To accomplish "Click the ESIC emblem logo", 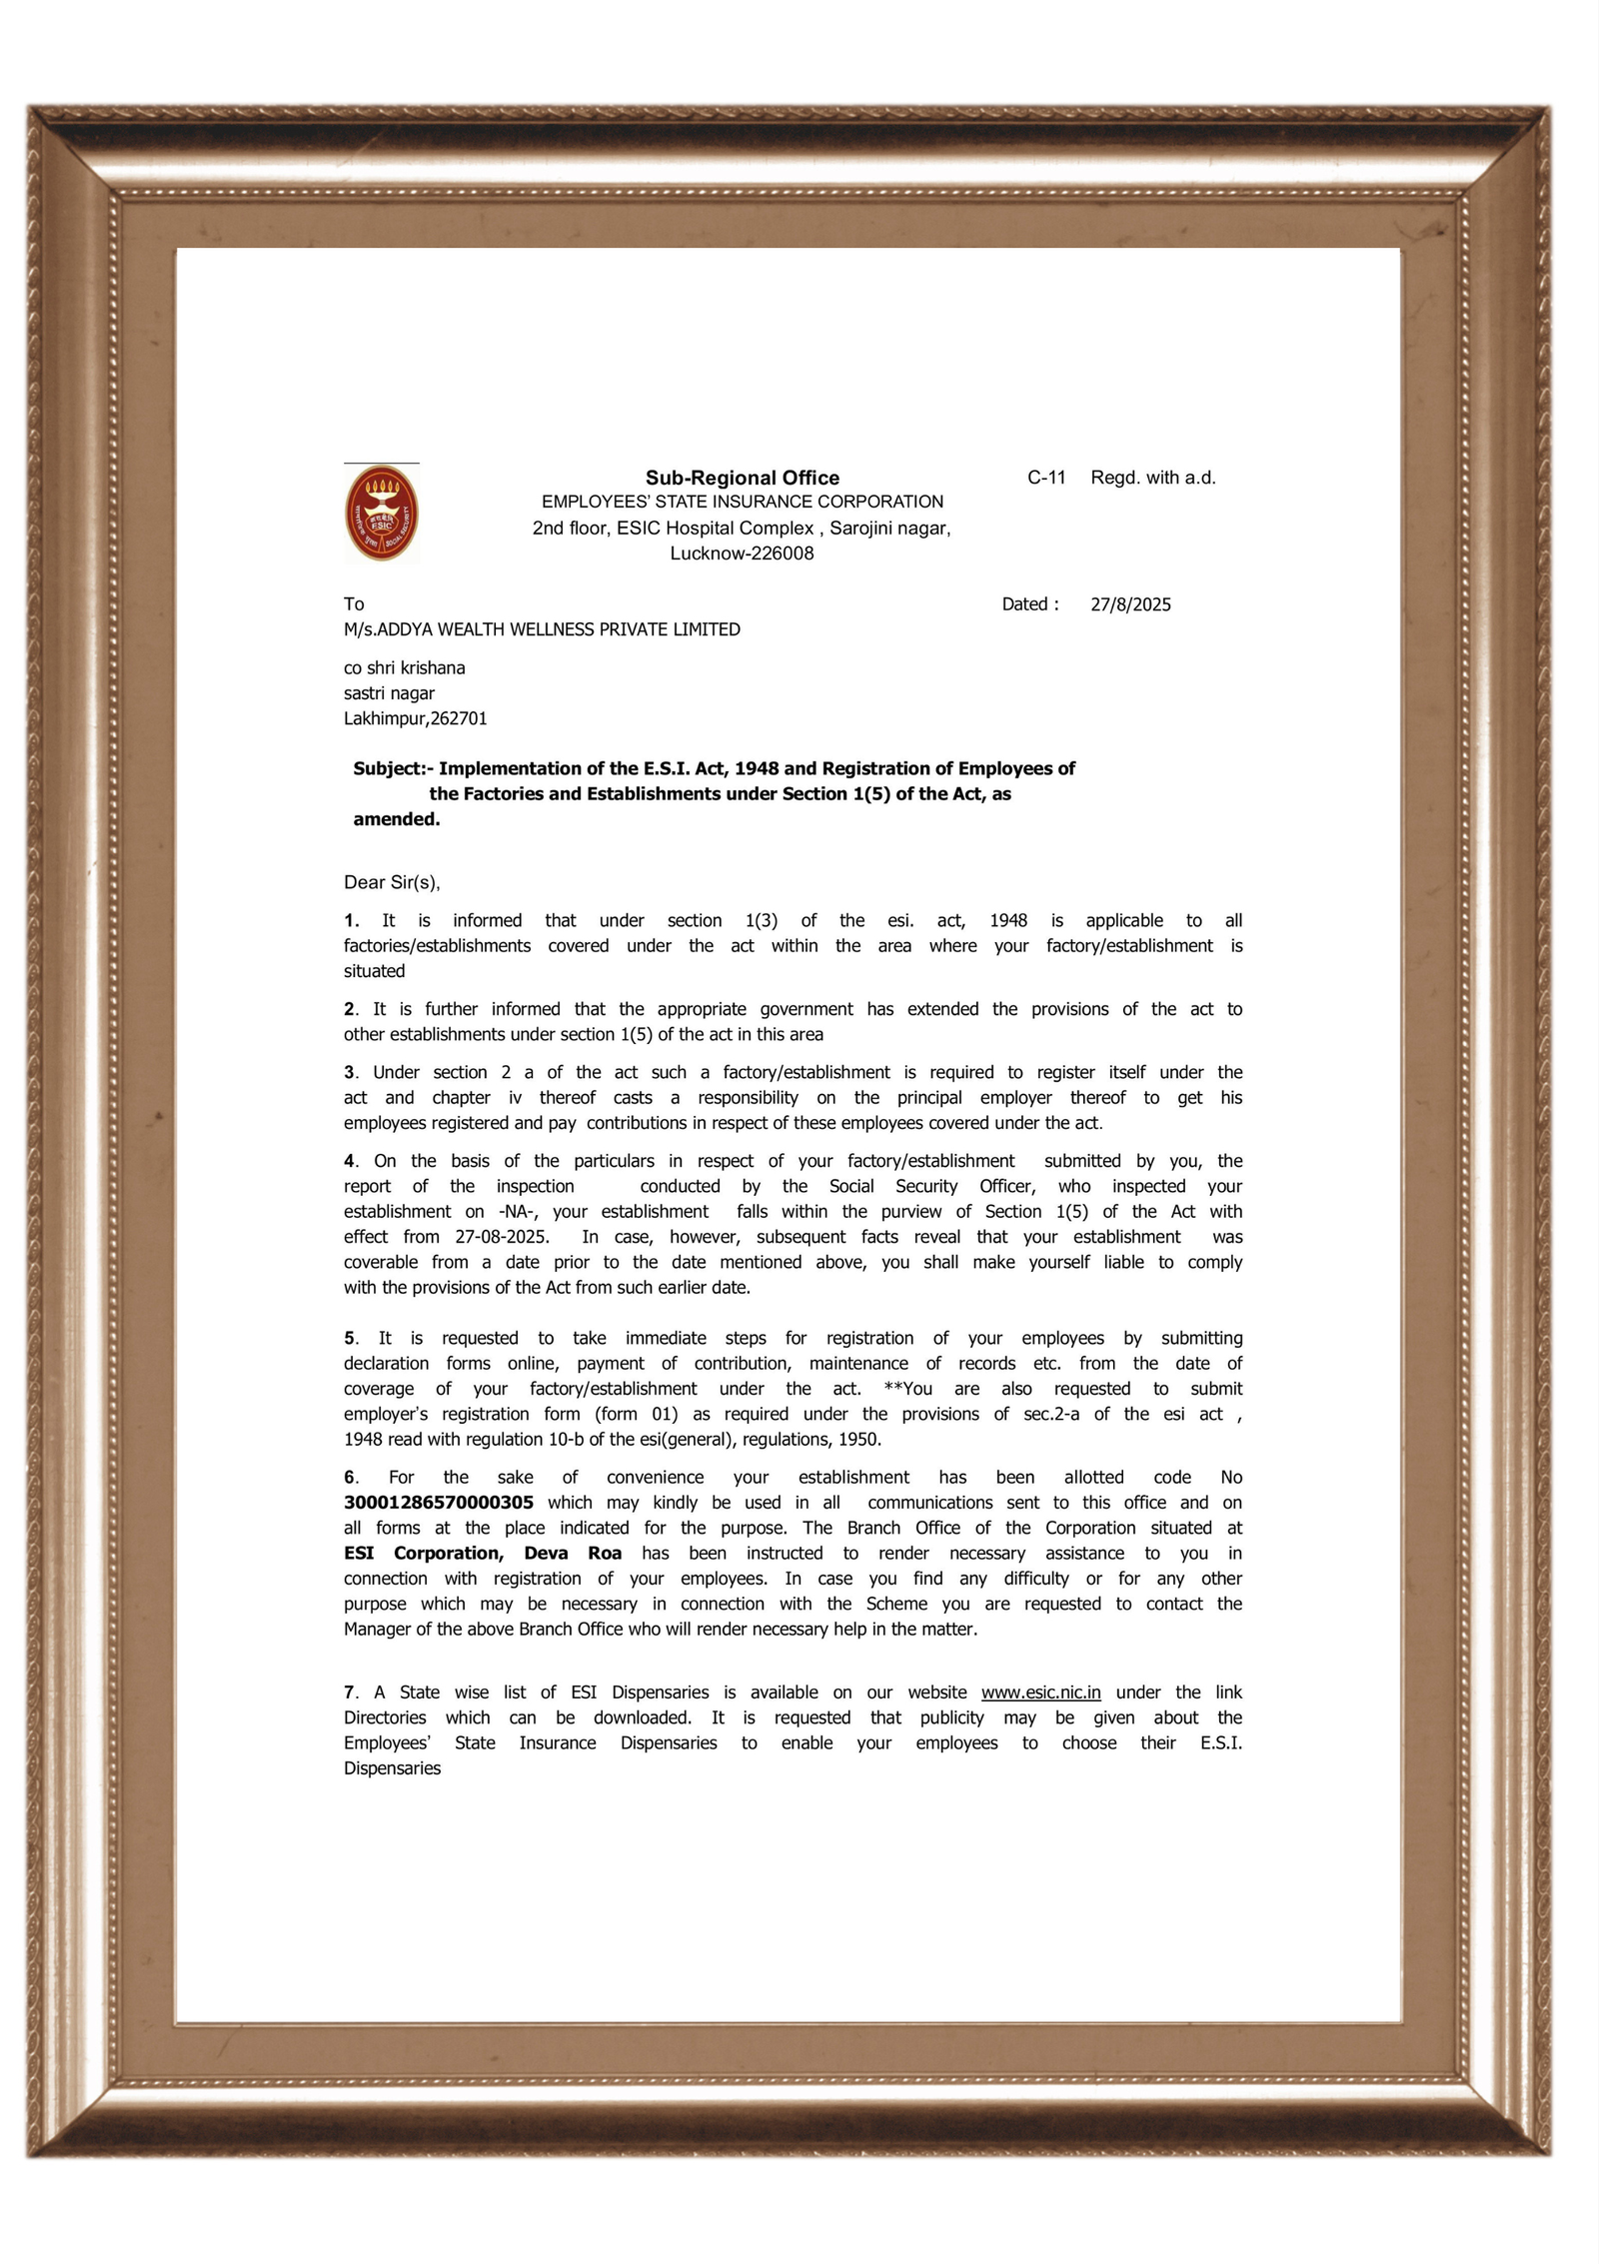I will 382,514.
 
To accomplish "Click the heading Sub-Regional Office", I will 742,478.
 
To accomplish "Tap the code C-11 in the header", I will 1046,478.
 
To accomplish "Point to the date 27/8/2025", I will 1130,604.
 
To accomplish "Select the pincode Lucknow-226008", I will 742,554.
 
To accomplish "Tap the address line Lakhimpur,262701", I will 415,718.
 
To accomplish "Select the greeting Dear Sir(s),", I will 392,882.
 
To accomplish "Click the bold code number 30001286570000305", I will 438,1503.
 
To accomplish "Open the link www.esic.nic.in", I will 1040,1693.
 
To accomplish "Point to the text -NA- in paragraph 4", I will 518,1212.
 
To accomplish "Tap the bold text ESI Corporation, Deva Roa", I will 482,1554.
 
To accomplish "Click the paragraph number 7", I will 350,1693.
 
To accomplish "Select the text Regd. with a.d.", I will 1152,478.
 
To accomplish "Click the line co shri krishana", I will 404,667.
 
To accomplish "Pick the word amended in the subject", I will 395,819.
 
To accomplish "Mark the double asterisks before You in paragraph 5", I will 892,1389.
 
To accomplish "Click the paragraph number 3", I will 350,1072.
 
